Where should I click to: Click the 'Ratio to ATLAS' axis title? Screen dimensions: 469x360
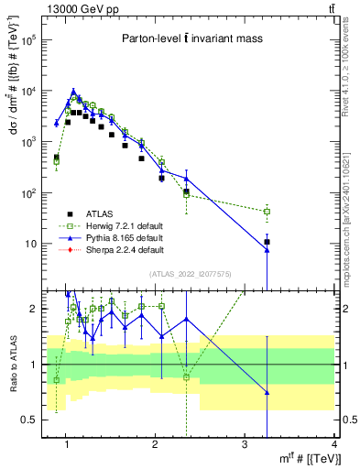(13, 365)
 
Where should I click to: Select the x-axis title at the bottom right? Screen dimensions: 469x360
(293, 459)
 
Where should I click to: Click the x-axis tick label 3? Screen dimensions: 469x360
(245, 447)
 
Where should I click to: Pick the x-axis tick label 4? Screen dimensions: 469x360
(333, 447)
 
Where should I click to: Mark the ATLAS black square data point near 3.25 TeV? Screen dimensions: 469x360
(267, 242)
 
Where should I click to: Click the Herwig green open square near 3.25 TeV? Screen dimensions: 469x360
(267, 212)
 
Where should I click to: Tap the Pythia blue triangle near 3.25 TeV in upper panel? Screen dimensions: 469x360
(267, 249)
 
